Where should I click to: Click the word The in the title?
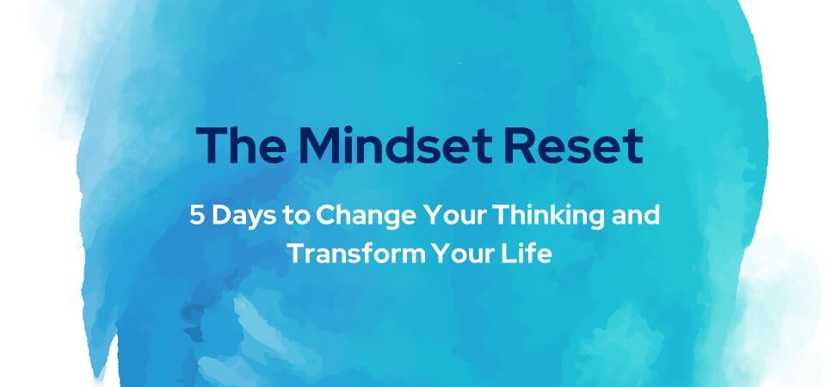tap(242, 144)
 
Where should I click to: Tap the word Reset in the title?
tap(573, 144)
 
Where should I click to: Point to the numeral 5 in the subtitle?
tap(197, 215)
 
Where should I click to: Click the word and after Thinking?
tap(636, 215)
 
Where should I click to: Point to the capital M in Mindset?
tap(320, 144)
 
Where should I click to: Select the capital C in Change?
tap(327, 216)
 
